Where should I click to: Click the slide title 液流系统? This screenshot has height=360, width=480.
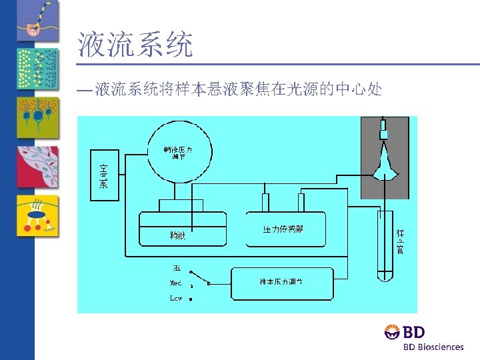tap(135, 45)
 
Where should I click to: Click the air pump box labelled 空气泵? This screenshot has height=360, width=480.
tap(104, 175)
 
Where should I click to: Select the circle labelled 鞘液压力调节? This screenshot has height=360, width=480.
tap(178, 153)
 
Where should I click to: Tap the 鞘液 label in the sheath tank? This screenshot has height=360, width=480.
tap(177, 235)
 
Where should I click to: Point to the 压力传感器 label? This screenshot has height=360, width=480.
tap(283, 229)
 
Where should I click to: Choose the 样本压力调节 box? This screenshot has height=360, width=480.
tap(281, 283)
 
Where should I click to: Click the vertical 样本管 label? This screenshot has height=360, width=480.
tap(401, 241)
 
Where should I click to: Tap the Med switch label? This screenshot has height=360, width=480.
tap(176, 283)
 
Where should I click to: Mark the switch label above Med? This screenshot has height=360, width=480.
tap(177, 269)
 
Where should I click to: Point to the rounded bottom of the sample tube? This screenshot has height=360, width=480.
tap(385, 275)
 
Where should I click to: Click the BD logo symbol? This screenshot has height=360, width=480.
tap(392, 331)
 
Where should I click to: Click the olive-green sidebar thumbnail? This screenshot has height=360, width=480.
tap(38, 117)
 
